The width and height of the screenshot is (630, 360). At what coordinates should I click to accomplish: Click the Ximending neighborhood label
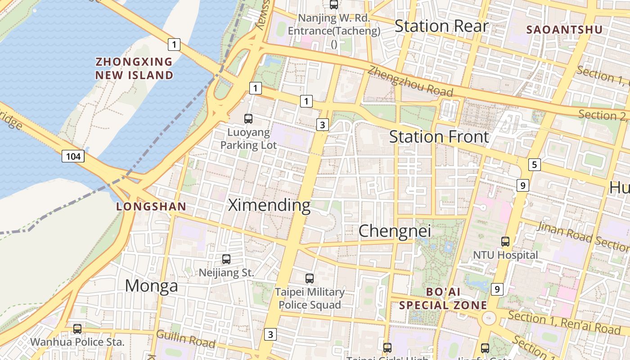269,205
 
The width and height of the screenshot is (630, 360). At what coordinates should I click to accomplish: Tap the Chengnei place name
395,231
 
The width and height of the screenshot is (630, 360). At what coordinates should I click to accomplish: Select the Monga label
151,286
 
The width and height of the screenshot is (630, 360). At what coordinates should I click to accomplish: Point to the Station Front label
439,136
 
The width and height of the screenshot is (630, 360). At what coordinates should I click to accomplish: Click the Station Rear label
441,26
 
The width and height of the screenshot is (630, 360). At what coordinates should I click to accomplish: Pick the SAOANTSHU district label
564,30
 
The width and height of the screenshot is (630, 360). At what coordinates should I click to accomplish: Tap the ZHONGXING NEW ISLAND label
134,68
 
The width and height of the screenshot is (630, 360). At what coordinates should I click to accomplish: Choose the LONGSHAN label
151,207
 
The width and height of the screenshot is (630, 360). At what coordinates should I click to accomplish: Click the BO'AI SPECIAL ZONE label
443,298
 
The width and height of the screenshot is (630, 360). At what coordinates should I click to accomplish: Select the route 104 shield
73,157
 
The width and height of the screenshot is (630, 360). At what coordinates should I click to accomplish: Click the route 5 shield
534,165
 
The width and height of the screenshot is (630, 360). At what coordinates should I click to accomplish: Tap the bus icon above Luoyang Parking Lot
248,119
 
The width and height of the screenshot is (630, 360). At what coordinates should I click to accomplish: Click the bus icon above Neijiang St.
226,259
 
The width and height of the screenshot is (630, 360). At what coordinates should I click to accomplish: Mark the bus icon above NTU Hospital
505,242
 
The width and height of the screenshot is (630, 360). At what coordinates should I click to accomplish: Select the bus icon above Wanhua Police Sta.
77,329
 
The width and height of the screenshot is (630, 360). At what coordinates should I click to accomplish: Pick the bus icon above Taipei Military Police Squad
309,279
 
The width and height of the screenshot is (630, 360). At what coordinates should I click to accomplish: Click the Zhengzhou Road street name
410,81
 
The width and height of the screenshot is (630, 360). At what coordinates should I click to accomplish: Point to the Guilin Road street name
185,339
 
